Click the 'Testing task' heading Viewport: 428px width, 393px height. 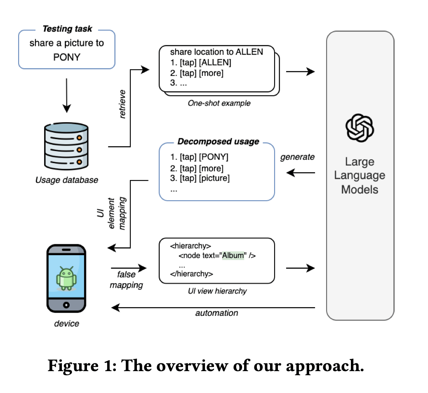[67, 29]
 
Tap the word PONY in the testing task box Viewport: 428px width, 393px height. [66, 57]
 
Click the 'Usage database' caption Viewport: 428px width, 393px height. [66, 180]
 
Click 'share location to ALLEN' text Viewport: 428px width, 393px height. [216, 52]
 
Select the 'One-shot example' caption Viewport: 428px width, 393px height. [219, 103]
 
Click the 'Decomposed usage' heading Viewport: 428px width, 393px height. [218, 142]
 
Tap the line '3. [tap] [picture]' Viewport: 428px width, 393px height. [200, 178]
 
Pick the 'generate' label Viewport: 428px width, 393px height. [297, 157]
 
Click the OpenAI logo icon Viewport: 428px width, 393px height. [360, 128]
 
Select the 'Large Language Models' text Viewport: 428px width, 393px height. [360, 175]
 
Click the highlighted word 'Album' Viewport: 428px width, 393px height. [233, 255]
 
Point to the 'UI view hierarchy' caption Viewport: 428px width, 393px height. [217, 291]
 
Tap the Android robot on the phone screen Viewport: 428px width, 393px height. [66, 276]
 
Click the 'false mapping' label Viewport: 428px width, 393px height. [126, 279]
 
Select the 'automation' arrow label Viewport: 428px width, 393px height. [216, 313]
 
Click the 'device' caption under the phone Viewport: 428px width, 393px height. [66, 323]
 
